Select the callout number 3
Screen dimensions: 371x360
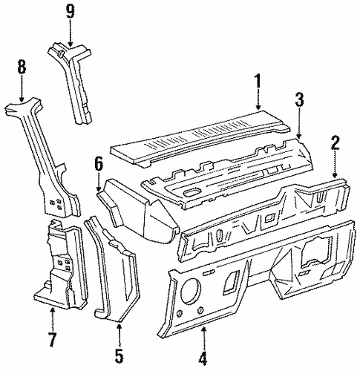tap(299, 99)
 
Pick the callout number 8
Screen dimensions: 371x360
tap(22, 68)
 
